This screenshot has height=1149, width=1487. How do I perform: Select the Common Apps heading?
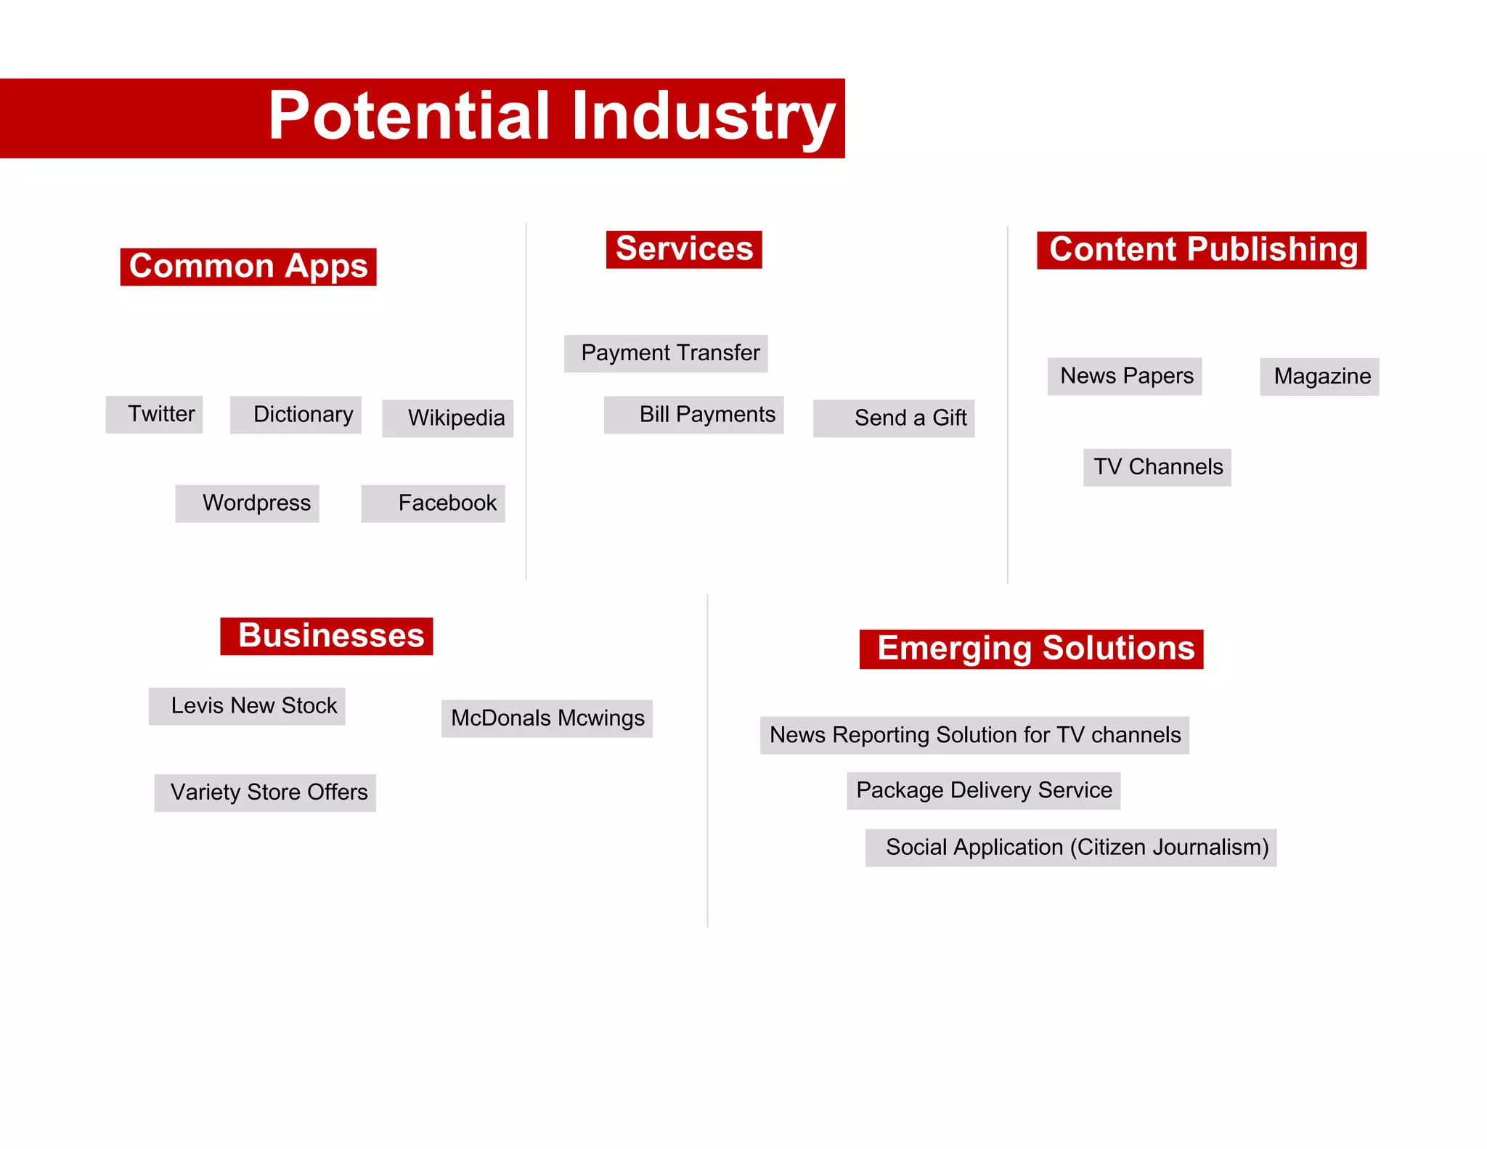[248, 267]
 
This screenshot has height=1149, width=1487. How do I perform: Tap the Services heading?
[684, 249]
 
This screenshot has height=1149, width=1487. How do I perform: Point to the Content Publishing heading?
[1202, 250]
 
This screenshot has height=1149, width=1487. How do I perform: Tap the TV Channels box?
[1157, 467]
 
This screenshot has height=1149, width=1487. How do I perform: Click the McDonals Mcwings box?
[547, 718]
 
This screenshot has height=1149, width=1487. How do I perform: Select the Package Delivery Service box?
[984, 790]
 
